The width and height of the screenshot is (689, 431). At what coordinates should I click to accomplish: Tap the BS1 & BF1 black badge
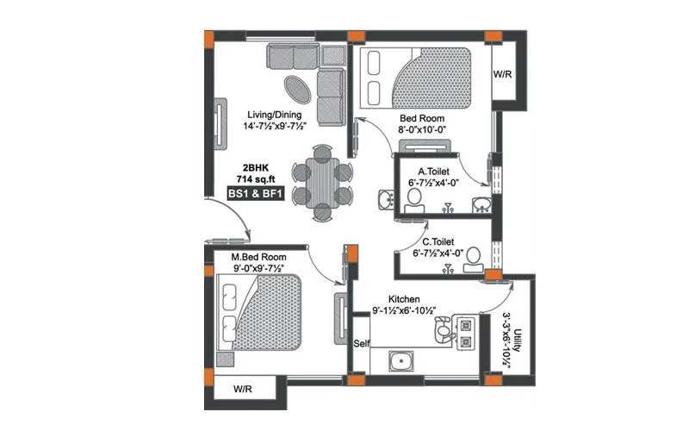tap(255, 195)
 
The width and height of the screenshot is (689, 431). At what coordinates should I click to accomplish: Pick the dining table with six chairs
tap(322, 183)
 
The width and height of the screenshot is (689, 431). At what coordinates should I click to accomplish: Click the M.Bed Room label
tap(258, 258)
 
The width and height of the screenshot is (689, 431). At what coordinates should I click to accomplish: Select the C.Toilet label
tap(438, 242)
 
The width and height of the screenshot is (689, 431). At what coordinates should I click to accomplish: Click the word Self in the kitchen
tap(363, 344)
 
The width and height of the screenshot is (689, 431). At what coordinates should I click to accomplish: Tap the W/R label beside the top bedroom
tap(503, 74)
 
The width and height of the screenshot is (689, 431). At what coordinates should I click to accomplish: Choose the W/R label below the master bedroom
tap(245, 390)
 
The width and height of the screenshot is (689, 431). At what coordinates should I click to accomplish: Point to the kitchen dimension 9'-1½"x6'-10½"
tap(405, 310)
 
